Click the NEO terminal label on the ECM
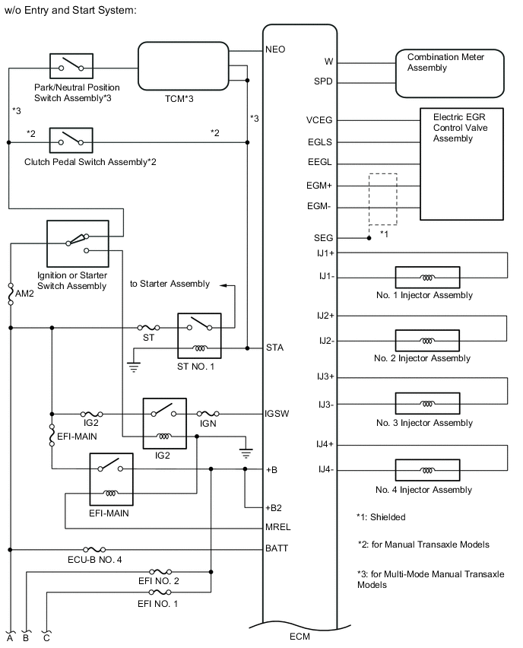[275, 49]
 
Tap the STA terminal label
[275, 349]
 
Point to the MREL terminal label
[279, 526]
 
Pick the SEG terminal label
[323, 238]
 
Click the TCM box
[184, 68]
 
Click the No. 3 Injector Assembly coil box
[427, 403]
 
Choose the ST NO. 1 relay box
[198, 335]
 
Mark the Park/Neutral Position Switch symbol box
[71, 67]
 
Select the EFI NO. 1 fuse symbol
[161, 592]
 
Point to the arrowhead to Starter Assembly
[224, 285]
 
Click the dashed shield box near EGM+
[382, 200]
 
